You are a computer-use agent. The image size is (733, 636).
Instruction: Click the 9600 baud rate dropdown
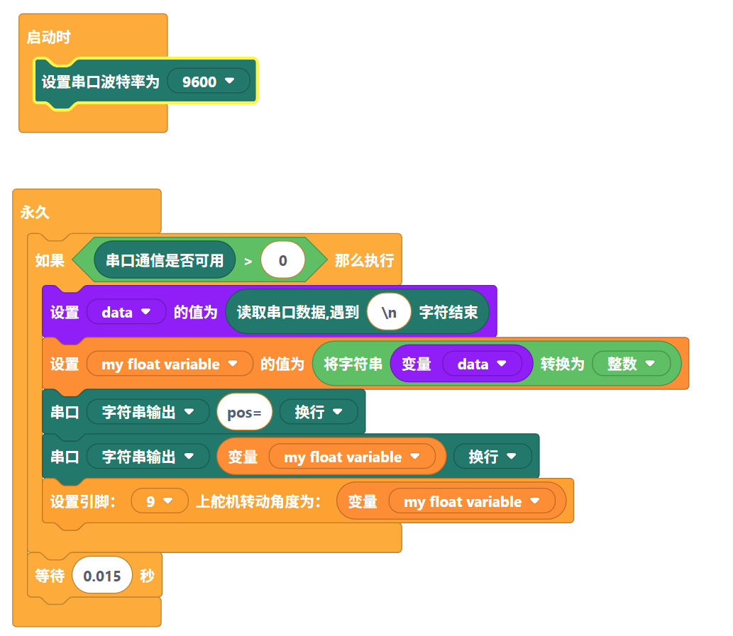(208, 82)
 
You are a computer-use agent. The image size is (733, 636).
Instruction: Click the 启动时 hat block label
(48, 38)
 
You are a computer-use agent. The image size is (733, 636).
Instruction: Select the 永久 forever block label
(35, 212)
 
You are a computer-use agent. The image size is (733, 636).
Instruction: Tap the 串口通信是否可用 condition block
(164, 260)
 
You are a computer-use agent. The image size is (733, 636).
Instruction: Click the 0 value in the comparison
(282, 260)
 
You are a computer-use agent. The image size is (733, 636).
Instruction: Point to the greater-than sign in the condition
(248, 261)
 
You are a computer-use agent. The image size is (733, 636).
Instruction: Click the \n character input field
(389, 312)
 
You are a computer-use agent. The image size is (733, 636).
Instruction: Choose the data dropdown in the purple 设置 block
(126, 312)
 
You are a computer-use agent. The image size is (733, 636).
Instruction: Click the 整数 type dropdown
(630, 364)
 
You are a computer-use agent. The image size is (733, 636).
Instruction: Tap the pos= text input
(244, 413)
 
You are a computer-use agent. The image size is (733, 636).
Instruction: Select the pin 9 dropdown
(160, 501)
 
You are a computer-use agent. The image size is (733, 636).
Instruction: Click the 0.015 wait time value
(102, 576)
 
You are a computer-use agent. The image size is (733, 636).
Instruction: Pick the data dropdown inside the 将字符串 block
(482, 364)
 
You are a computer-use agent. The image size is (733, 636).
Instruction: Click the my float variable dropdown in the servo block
(472, 501)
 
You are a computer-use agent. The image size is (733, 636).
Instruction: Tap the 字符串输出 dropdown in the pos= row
(148, 413)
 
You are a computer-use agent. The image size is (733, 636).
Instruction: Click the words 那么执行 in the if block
(364, 260)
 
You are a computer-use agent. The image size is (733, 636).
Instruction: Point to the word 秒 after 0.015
(147, 576)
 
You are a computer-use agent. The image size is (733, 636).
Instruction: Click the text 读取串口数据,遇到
(298, 312)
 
